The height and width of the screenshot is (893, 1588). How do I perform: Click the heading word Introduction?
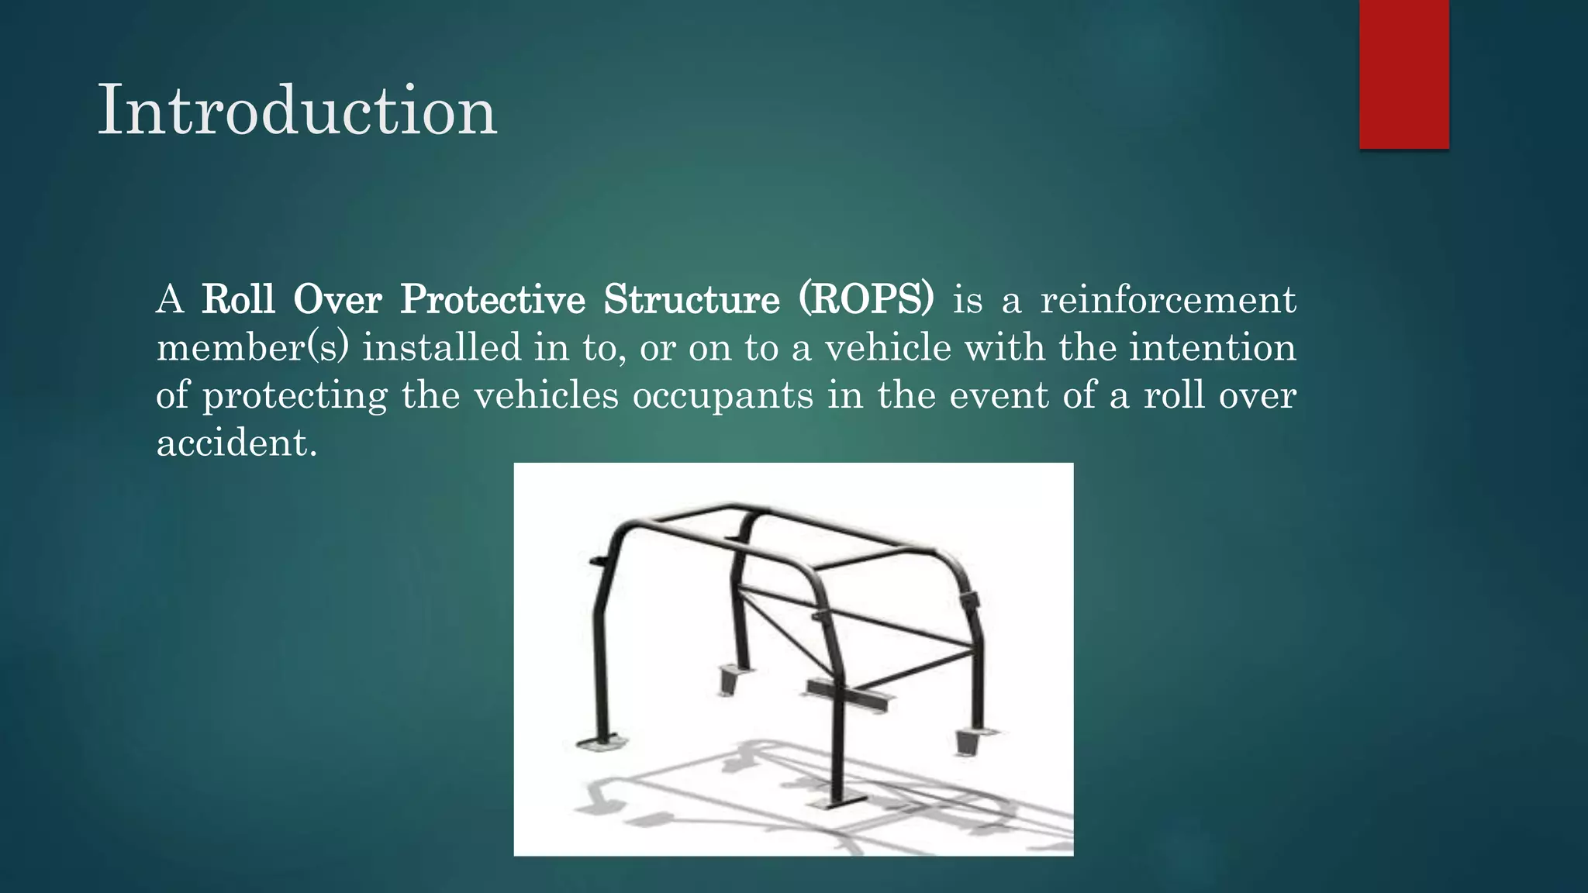(297, 111)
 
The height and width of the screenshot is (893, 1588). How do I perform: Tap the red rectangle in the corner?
(1403, 74)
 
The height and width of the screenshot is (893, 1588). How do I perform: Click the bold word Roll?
(238, 299)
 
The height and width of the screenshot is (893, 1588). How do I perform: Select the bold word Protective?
(492, 299)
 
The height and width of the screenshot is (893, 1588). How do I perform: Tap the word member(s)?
(252, 347)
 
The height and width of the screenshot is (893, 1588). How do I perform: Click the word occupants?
(723, 395)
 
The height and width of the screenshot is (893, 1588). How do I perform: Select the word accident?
(236, 443)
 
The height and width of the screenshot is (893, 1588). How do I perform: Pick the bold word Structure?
(692, 299)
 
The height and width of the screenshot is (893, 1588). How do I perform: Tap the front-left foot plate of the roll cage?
(601, 743)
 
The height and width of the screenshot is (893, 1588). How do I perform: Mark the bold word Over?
(337, 299)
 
